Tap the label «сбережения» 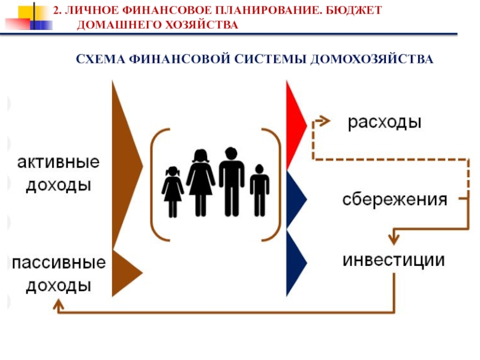click(x=394, y=200)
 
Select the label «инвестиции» click(x=394, y=260)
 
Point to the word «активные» click(x=58, y=163)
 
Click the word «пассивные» click(x=59, y=263)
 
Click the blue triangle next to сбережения click(x=295, y=199)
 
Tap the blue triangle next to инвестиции click(x=295, y=262)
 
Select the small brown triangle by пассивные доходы click(x=124, y=273)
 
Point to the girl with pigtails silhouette click(x=173, y=191)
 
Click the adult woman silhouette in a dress click(x=200, y=181)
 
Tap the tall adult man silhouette click(x=231, y=180)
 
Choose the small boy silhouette click(x=259, y=189)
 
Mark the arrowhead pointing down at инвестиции click(x=394, y=238)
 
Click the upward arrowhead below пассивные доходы click(x=58, y=306)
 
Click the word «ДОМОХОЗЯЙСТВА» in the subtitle click(x=371, y=60)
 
